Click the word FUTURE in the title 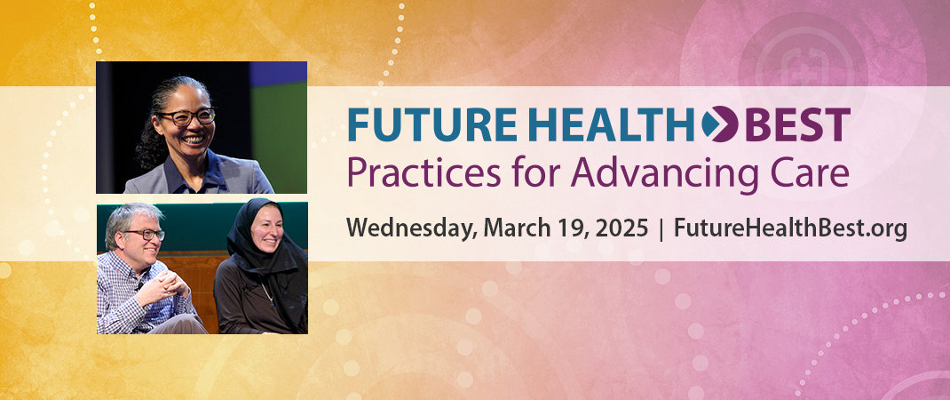[x=431, y=124]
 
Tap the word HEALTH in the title [x=610, y=124]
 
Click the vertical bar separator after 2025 [x=661, y=230]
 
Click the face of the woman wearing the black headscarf [x=266, y=228]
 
